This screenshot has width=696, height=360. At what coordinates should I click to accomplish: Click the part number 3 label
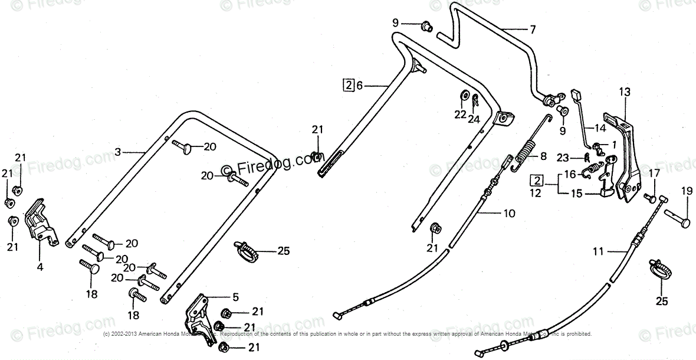click(117, 152)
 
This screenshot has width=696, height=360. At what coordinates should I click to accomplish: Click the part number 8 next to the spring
click(544, 158)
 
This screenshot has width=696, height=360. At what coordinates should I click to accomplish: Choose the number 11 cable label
click(598, 252)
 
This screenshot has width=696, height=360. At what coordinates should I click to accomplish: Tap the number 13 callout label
click(625, 91)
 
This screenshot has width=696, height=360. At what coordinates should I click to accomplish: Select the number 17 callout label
click(654, 173)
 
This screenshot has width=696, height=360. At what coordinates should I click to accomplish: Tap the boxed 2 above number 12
click(536, 179)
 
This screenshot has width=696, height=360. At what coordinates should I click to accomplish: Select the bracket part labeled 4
click(40, 221)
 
